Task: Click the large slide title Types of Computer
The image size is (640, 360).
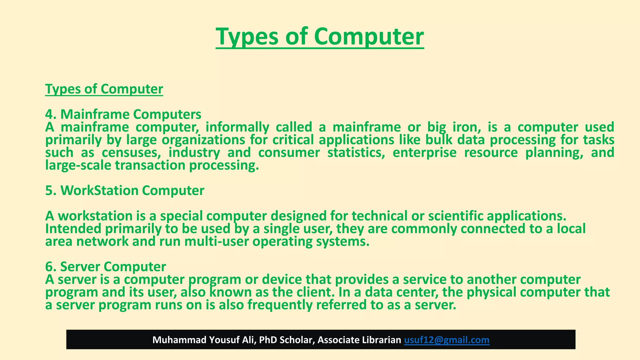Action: pyautogui.click(x=320, y=37)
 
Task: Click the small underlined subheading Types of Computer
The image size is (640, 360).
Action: pyautogui.click(x=104, y=89)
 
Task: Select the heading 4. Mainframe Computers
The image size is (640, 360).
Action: pyautogui.click(x=123, y=114)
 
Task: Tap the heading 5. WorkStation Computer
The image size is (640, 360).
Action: pyautogui.click(x=125, y=191)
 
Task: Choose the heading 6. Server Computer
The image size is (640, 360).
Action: pyautogui.click(x=105, y=267)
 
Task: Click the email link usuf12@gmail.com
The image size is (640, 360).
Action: pyautogui.click(x=447, y=340)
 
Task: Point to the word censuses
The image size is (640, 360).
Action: pyautogui.click(x=131, y=153)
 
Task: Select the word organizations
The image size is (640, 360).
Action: pyautogui.click(x=203, y=140)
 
